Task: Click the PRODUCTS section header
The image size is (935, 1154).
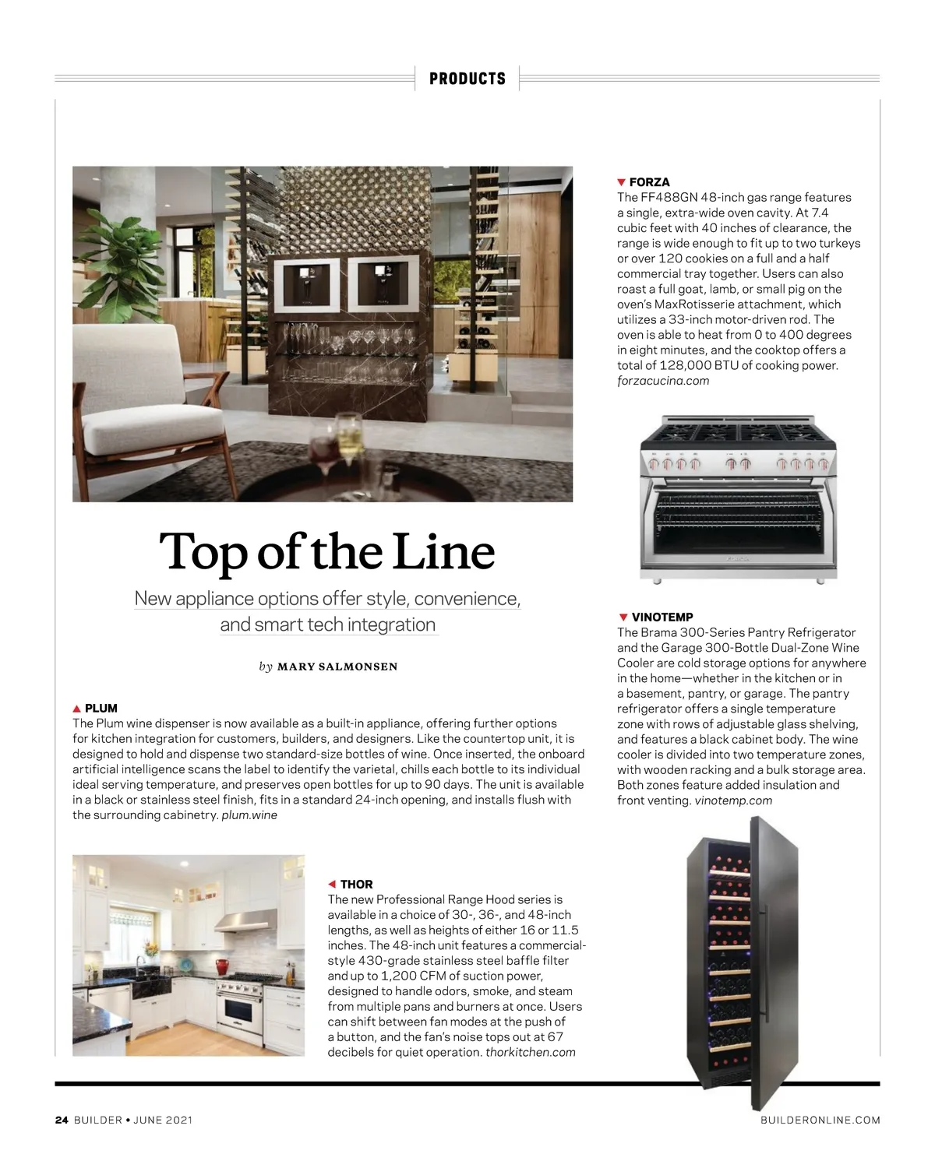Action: click(x=467, y=79)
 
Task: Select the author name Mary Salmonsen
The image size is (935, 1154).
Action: click(x=337, y=667)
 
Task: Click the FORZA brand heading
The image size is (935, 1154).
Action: click(x=649, y=182)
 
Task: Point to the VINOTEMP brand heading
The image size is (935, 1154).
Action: click(x=662, y=617)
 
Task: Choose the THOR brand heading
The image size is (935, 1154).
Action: click(x=356, y=884)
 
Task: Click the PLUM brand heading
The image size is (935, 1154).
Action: click(x=101, y=708)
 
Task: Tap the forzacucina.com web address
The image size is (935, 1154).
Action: click(x=663, y=381)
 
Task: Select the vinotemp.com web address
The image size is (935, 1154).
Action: click(x=733, y=800)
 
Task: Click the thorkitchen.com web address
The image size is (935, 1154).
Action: click(x=531, y=1052)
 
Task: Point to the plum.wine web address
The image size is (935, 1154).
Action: click(x=249, y=814)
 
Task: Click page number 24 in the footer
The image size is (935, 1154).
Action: click(x=62, y=1120)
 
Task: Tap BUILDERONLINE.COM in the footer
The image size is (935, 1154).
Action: click(x=820, y=1120)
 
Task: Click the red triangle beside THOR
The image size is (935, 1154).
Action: click(x=332, y=884)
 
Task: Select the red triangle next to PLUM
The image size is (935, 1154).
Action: click(x=76, y=709)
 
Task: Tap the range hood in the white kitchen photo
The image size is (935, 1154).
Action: click(x=246, y=921)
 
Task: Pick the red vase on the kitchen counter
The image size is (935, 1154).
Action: click(x=223, y=967)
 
